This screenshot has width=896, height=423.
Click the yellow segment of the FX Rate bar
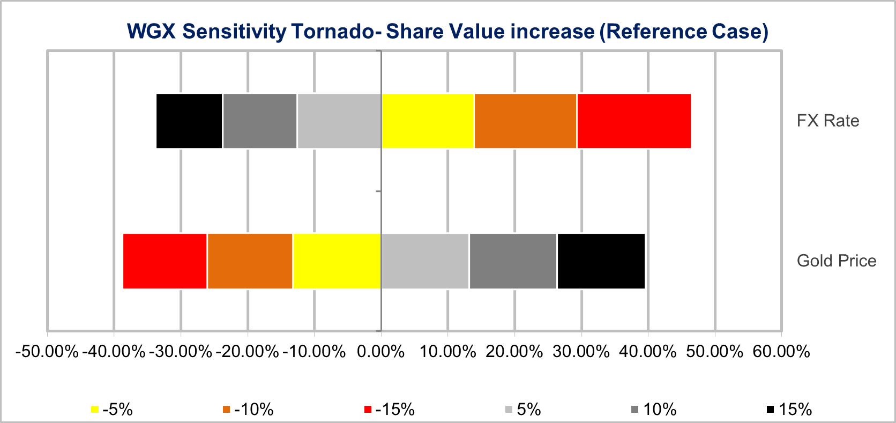pos(428,121)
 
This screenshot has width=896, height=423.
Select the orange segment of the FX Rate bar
pos(525,121)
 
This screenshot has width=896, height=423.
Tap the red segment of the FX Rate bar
pos(633,121)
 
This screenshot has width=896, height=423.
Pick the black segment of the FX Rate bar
pos(189,121)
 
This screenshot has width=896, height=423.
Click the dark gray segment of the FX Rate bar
pos(260,121)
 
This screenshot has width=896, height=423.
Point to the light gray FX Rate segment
pos(339,121)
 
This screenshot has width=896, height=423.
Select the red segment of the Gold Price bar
pos(165,261)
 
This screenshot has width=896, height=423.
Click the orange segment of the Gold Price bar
pos(250,261)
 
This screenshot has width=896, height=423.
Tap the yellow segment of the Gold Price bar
pos(337,261)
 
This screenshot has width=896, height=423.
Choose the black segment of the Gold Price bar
pos(601,261)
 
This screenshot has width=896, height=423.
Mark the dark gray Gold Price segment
pos(513,261)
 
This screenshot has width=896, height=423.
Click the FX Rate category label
pos(827,121)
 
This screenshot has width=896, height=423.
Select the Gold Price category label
pos(836,261)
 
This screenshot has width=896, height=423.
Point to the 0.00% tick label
pos(380,352)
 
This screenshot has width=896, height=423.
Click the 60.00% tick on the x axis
pos(781,352)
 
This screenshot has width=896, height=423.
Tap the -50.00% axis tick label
pos(47,352)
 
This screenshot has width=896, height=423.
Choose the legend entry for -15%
pos(390,410)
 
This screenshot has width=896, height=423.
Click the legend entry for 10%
pos(654,410)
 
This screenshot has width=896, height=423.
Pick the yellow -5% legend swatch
pos(95,410)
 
